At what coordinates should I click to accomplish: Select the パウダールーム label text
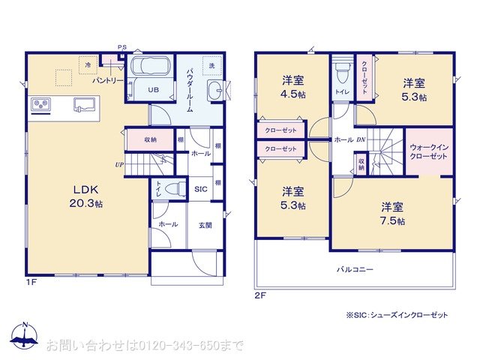click(x=190, y=89)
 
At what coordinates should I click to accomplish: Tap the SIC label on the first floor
click(x=200, y=189)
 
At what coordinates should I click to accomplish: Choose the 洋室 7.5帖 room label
click(x=391, y=213)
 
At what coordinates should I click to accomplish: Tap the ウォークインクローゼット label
click(x=429, y=151)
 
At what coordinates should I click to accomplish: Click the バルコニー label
click(x=355, y=268)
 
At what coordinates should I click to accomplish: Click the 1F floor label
click(x=31, y=283)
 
